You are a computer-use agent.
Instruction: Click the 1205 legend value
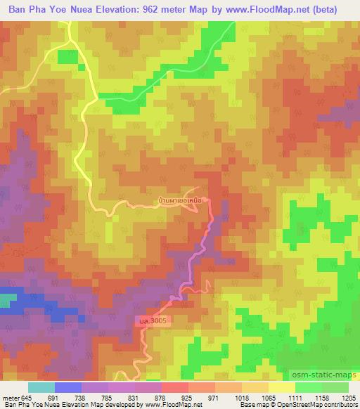349,398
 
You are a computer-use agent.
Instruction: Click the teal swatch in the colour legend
41,387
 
